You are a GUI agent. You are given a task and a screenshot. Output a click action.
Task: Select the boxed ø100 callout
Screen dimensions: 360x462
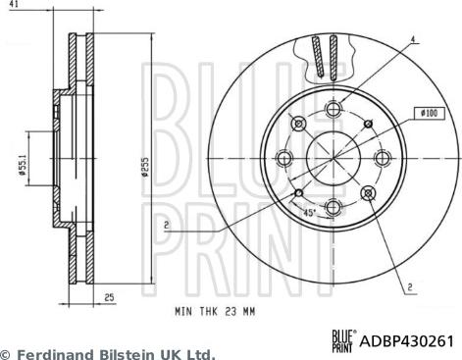430,114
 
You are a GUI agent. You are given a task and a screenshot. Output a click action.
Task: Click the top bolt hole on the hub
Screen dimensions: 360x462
334,110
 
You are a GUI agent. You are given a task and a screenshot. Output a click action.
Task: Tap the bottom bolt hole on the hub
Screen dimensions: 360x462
334,206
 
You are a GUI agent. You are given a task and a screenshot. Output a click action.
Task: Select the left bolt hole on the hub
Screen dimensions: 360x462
285,158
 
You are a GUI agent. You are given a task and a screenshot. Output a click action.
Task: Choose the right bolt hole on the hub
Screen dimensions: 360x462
382,158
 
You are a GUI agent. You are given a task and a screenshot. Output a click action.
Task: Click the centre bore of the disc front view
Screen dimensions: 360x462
334,158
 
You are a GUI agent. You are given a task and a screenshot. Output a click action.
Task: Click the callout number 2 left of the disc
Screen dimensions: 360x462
167,225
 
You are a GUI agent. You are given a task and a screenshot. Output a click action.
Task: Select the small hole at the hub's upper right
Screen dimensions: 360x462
367,125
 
